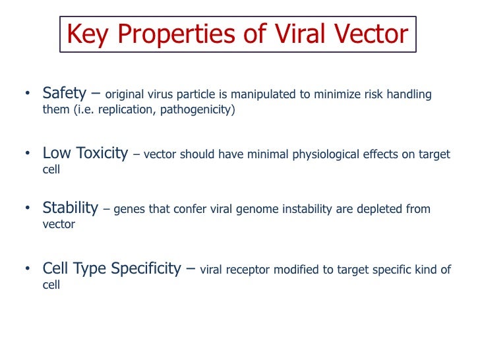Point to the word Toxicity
point(100,154)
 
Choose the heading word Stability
point(70,209)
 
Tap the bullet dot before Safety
point(28,94)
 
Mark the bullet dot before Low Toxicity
point(28,154)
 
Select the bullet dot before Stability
point(28,210)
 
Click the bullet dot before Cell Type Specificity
point(28,270)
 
